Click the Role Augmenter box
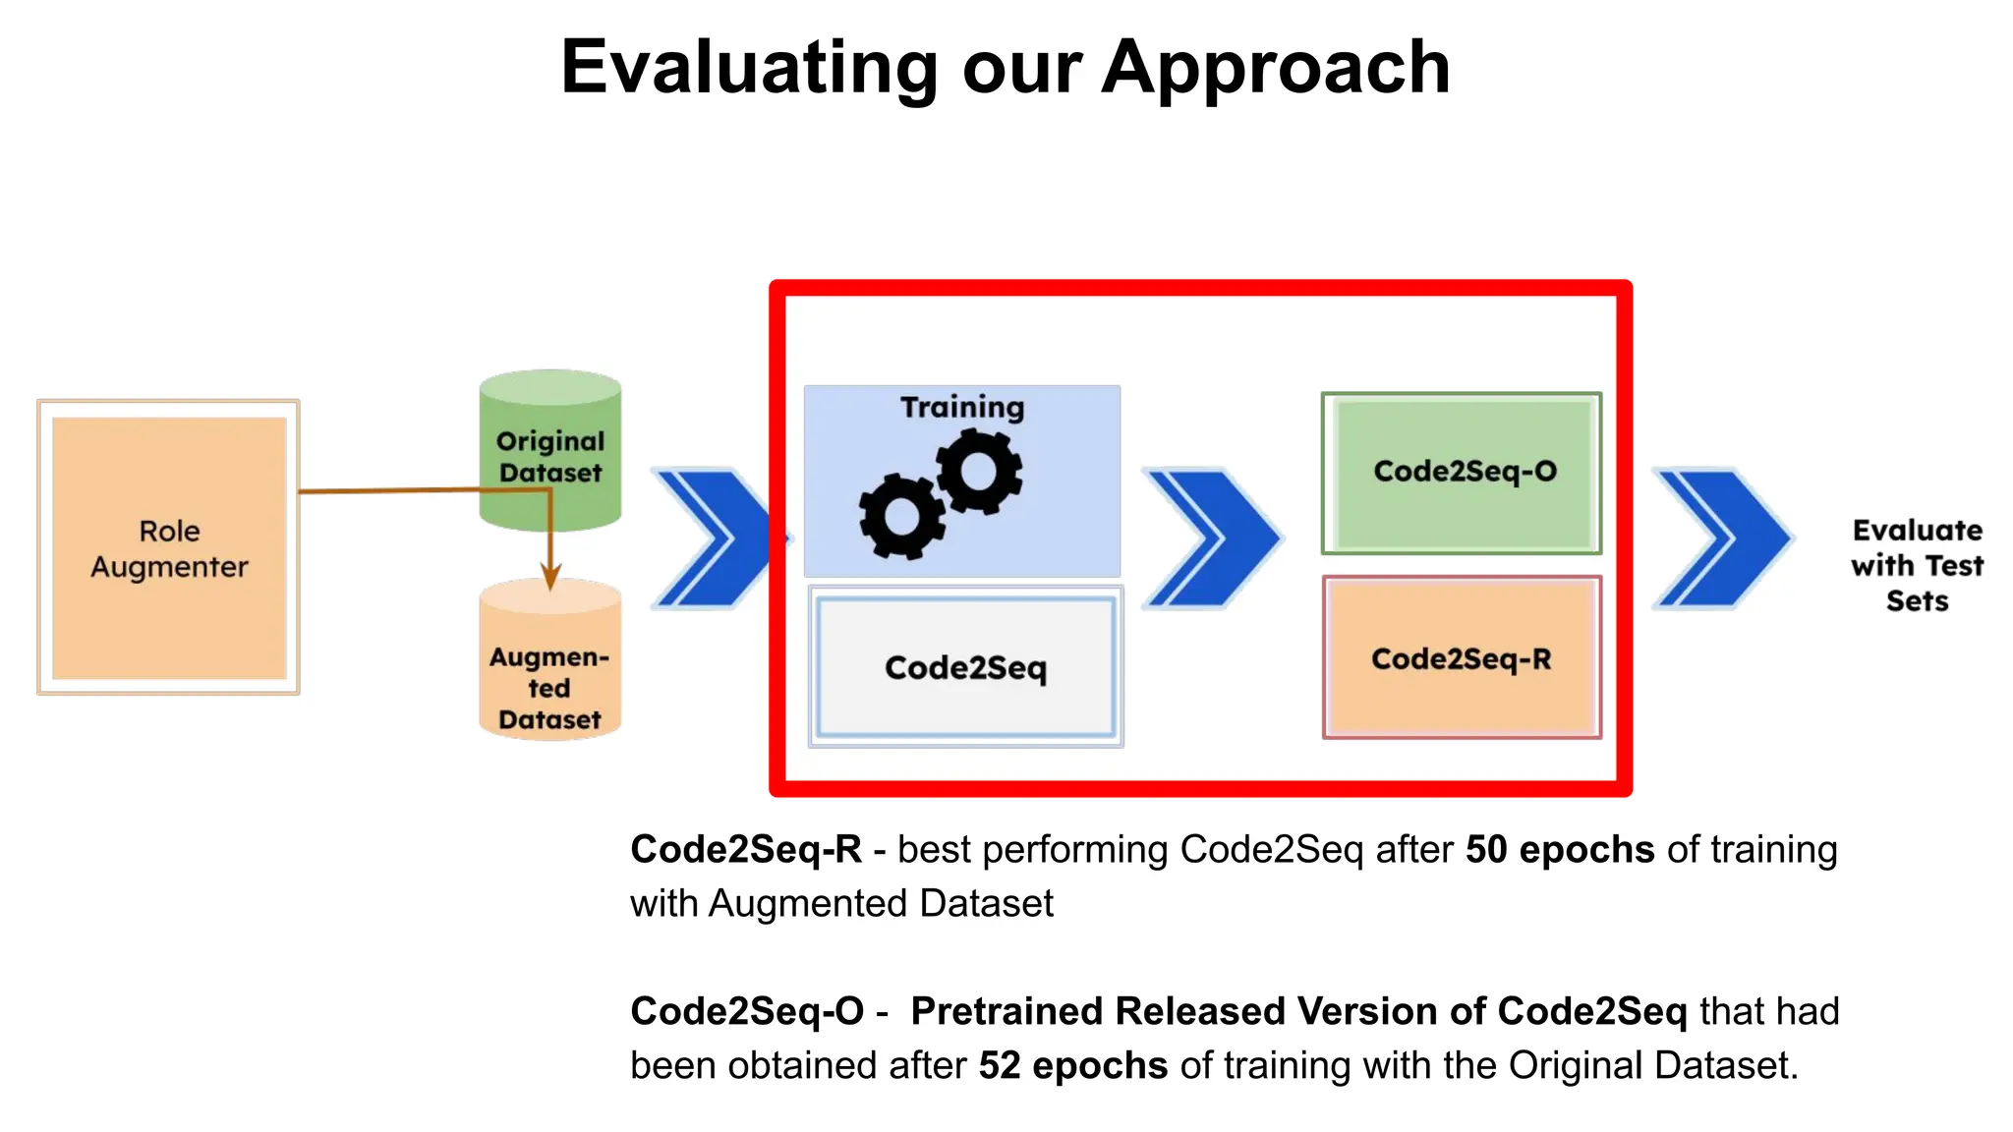pyautogui.click(x=169, y=547)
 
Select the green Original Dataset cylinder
pyautogui.click(x=550, y=452)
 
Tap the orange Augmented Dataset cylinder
pyautogui.click(x=550, y=668)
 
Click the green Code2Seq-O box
pyautogui.click(x=1463, y=473)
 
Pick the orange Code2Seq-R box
pyautogui.click(x=1462, y=658)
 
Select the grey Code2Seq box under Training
pyautogui.click(x=965, y=667)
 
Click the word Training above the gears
pyautogui.click(x=962, y=407)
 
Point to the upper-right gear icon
pyautogui.click(x=979, y=472)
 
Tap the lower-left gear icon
pyautogui.click(x=901, y=516)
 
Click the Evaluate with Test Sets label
pyautogui.click(x=1917, y=565)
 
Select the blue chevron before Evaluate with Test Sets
pyautogui.click(x=1723, y=538)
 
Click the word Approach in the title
pyautogui.click(x=1275, y=68)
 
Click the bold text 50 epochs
pyautogui.click(x=1560, y=850)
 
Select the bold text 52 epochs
pyautogui.click(x=1073, y=1066)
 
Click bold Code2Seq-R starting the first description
pyautogui.click(x=746, y=850)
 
